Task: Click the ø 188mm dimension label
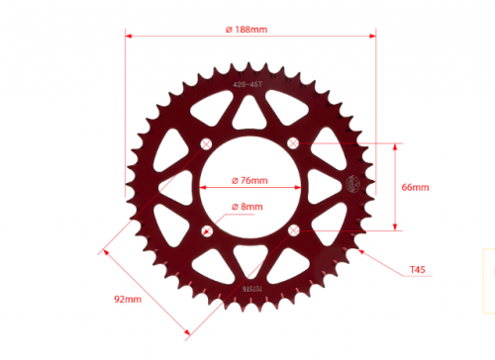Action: [x=247, y=29]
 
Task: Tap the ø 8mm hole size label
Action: [x=247, y=207]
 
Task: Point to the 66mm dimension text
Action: [x=414, y=187]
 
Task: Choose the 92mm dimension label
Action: [x=128, y=298]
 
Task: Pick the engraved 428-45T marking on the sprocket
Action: [x=248, y=85]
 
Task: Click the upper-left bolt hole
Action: [x=206, y=144]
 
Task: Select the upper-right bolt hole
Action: [x=292, y=144]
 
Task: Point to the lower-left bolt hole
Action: [x=206, y=230]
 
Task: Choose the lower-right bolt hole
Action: [x=292, y=230]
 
